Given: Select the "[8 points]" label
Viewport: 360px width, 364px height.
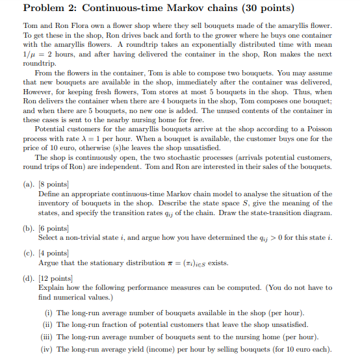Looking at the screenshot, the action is coord(57,184).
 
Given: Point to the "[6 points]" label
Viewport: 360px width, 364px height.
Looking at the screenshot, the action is coord(57,227).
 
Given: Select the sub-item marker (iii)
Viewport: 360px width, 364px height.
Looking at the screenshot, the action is coord(46,337).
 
